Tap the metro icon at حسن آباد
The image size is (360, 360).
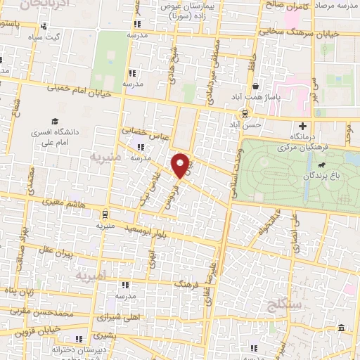[x=245, y=112]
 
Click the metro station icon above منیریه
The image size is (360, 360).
[x=105, y=214]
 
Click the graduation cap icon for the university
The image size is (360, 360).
[x=54, y=121]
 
